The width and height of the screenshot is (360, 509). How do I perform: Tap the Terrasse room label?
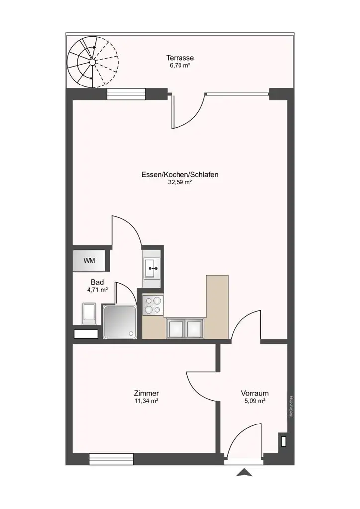180,58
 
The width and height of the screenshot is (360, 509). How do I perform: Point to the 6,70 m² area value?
180,65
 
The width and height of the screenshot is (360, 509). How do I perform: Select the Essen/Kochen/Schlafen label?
180,174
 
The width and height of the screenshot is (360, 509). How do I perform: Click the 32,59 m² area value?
180,182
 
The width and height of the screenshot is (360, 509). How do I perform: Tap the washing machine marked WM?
90,260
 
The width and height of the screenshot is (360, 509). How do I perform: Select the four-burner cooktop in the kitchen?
153,304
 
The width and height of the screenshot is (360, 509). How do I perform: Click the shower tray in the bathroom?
119,322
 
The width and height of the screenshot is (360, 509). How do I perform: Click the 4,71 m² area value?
97,290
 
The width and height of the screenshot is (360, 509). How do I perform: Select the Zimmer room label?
146,393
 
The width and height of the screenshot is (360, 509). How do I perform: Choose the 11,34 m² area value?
146,401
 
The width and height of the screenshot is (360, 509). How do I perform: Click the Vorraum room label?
254,393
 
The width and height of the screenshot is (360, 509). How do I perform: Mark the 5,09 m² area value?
254,401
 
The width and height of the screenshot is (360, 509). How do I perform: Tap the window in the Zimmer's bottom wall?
111,459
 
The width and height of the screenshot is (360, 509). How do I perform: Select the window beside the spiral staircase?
126,94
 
